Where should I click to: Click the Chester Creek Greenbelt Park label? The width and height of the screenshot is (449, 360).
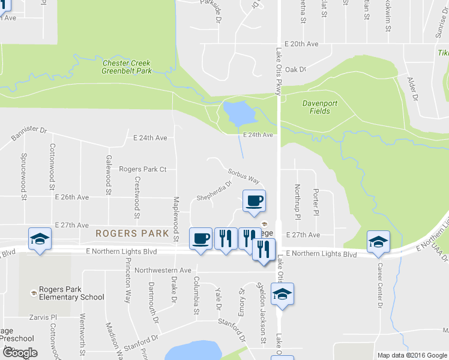point(126,67)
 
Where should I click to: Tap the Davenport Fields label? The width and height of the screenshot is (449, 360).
point(319,107)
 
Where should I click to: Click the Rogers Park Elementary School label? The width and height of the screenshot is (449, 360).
point(71,293)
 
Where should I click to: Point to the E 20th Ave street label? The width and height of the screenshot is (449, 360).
point(301,44)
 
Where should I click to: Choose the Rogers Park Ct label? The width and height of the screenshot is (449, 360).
point(142,169)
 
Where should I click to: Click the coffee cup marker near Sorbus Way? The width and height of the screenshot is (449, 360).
point(255,200)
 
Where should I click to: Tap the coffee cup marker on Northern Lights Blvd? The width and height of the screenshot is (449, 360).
point(200,239)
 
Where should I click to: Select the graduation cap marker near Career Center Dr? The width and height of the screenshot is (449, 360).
point(378,241)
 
